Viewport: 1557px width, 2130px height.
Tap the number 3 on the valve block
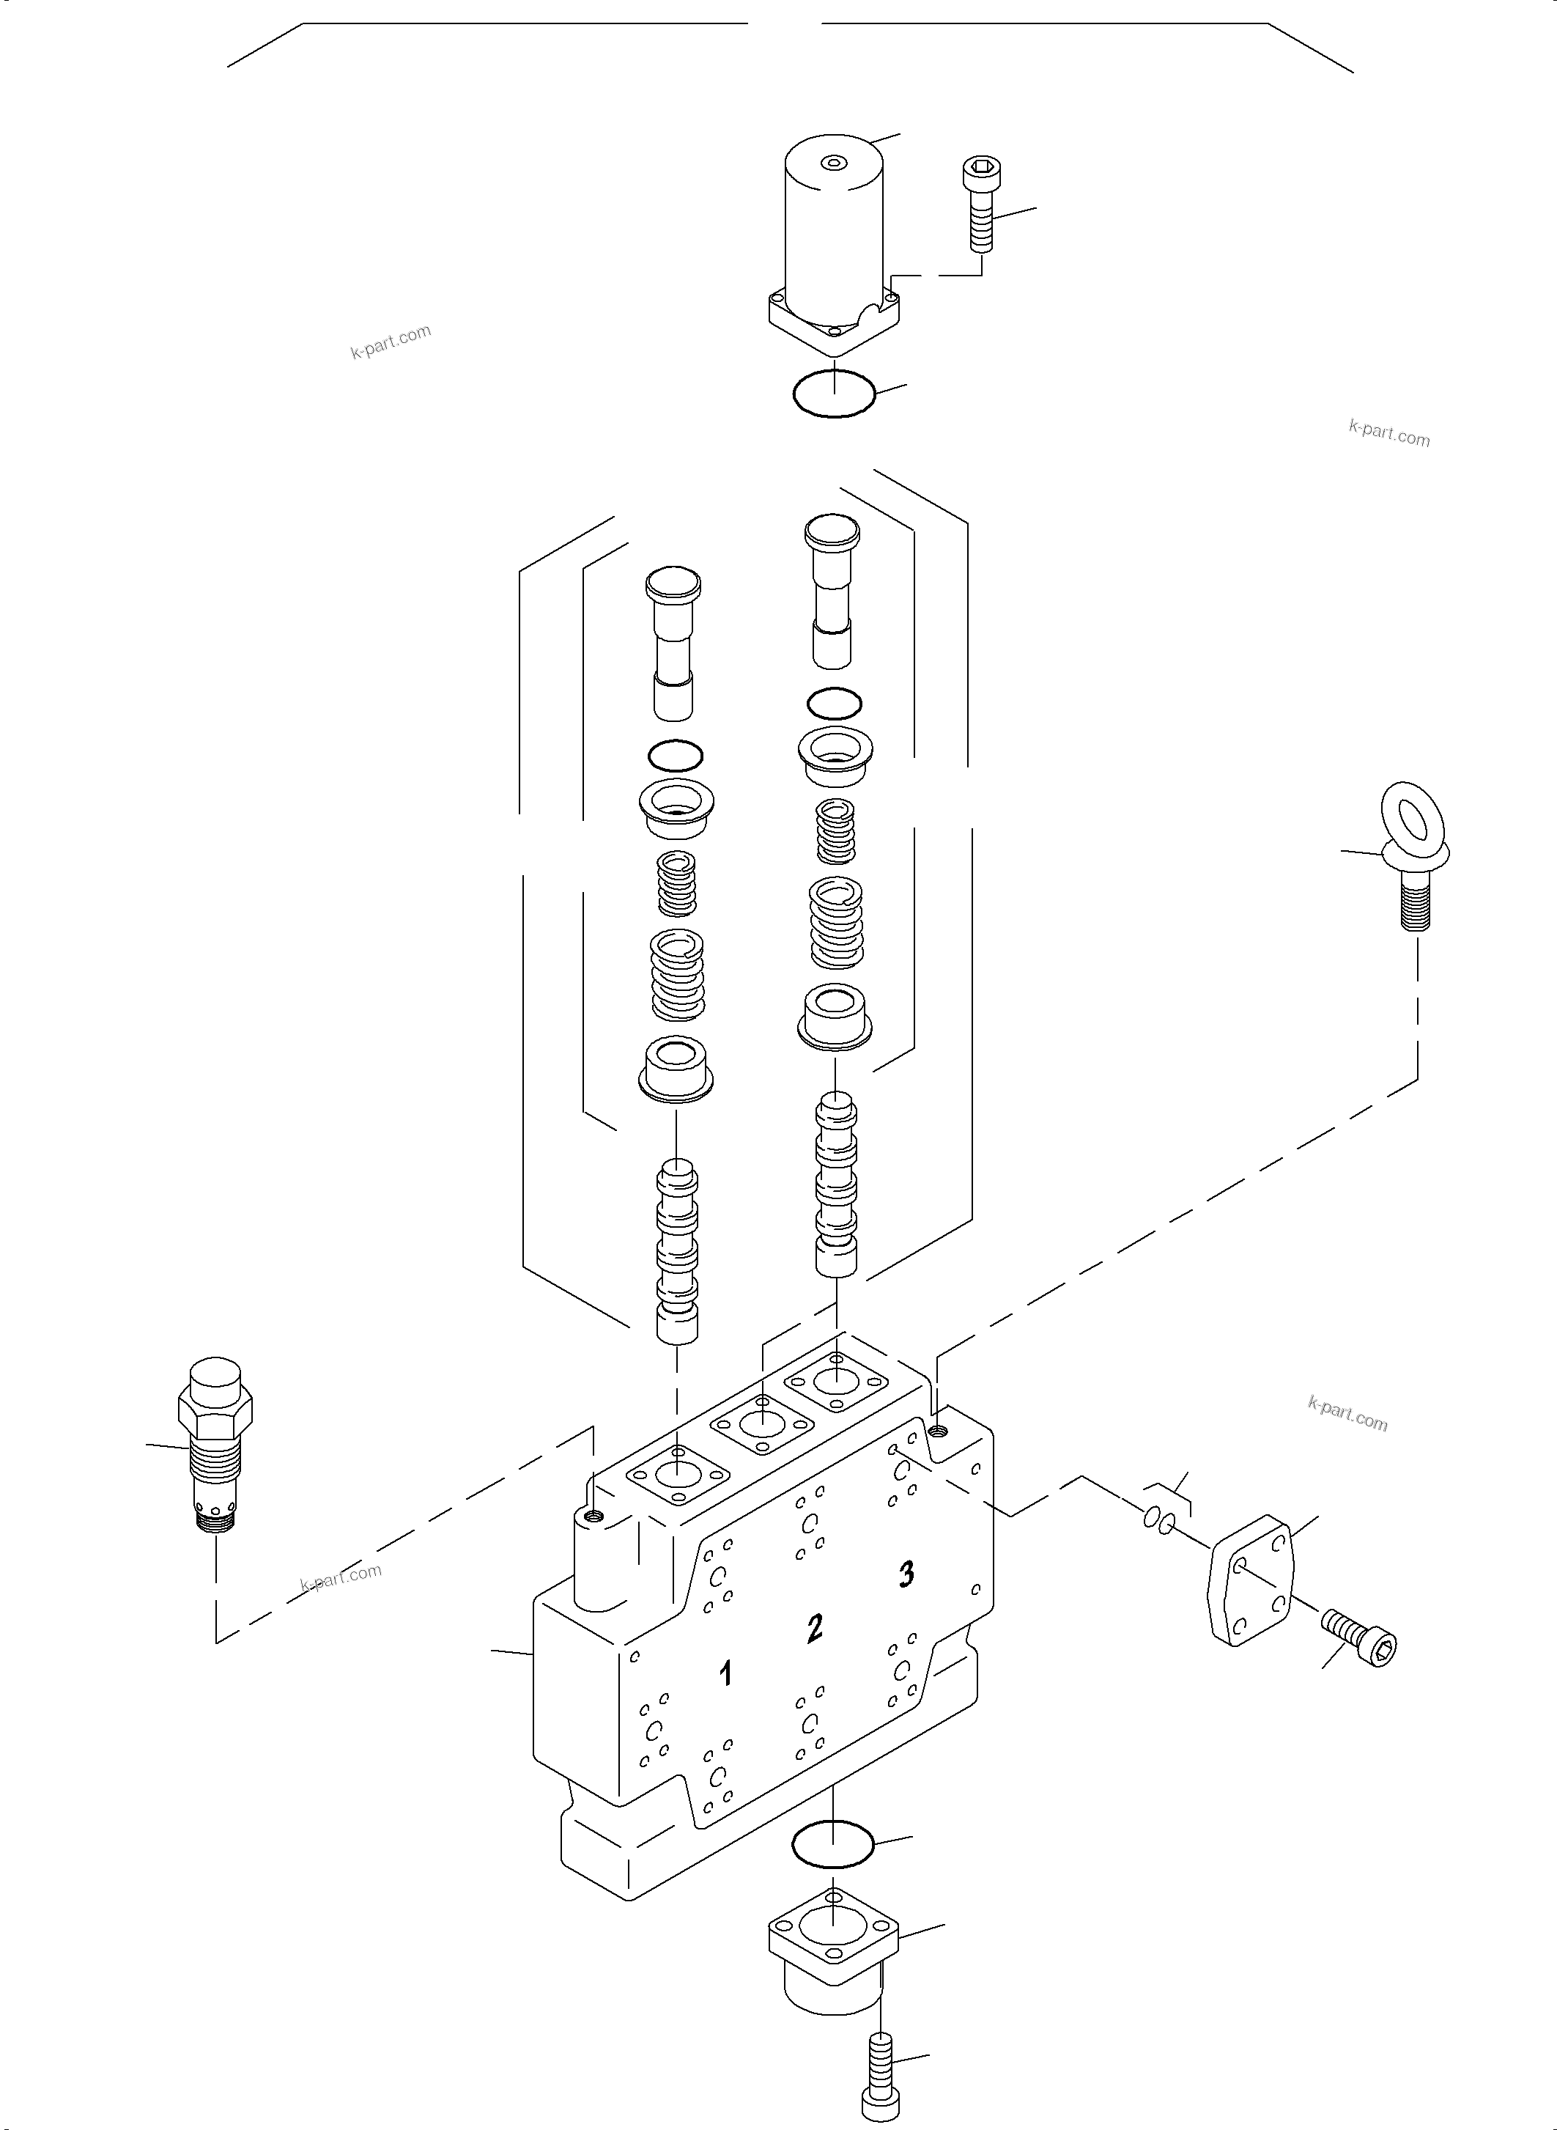click(x=906, y=1573)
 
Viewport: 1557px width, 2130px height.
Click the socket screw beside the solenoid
click(x=981, y=205)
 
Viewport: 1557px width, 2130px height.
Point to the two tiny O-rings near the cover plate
click(x=1160, y=1518)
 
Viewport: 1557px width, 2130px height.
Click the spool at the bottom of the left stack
click(x=678, y=1254)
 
